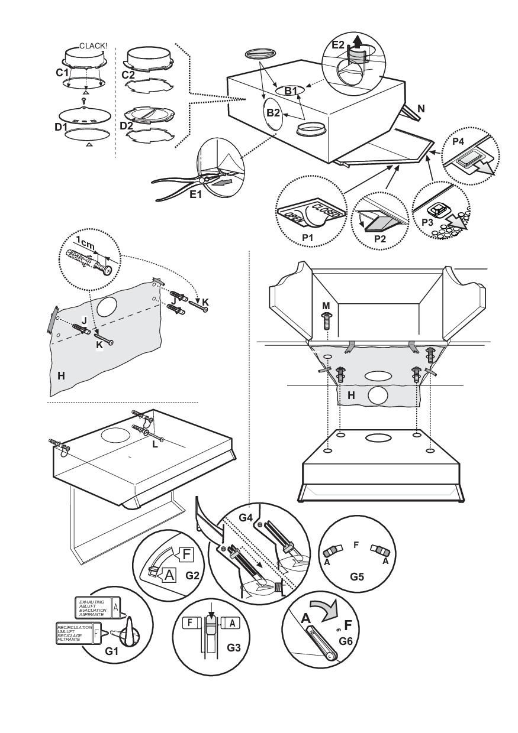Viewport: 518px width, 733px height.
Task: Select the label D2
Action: [126, 126]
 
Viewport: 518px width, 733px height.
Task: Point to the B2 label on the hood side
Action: [274, 112]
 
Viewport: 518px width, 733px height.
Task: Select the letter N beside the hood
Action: [420, 109]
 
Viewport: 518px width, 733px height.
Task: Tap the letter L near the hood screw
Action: [155, 444]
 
